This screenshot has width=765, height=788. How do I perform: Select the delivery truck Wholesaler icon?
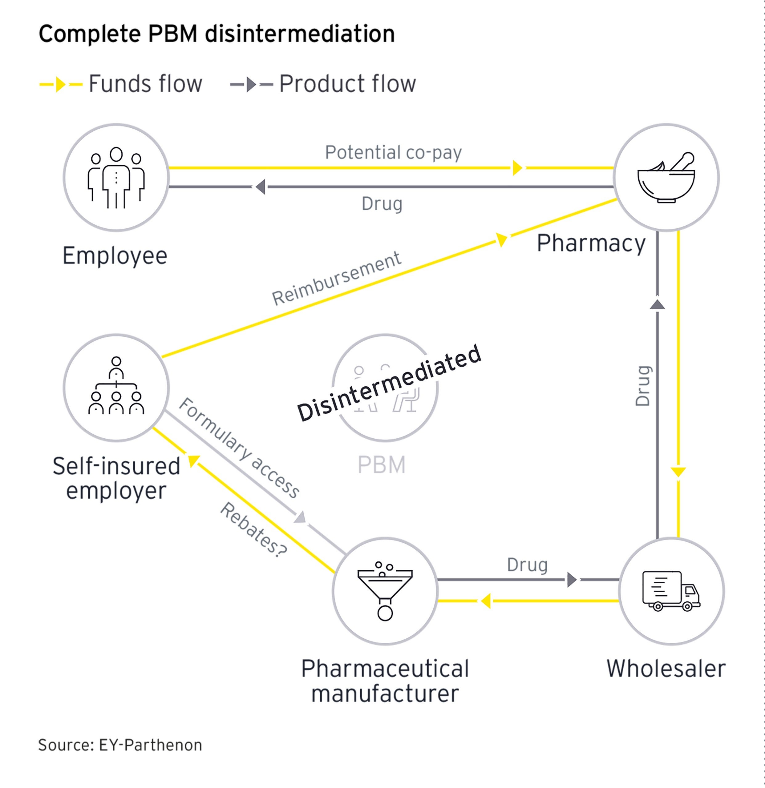(670, 591)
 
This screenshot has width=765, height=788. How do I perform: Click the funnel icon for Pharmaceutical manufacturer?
(385, 591)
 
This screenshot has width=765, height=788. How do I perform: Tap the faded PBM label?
(381, 465)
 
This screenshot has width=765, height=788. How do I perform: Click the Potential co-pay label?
(393, 152)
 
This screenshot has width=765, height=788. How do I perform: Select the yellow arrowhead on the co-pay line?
(517, 168)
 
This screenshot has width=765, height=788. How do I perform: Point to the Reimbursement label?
(336, 278)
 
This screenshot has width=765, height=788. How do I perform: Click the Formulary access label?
(239, 448)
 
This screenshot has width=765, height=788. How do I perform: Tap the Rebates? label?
(253, 529)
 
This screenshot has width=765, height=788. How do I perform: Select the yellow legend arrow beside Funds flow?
(60, 84)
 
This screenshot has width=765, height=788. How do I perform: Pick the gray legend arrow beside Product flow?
(251, 84)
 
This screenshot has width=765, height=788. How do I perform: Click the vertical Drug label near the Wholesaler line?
(642, 386)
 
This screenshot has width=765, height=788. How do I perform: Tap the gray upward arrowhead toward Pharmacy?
(657, 305)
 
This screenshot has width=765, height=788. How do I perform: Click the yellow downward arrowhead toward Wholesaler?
(678, 471)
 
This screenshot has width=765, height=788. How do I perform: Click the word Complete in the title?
(89, 34)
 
